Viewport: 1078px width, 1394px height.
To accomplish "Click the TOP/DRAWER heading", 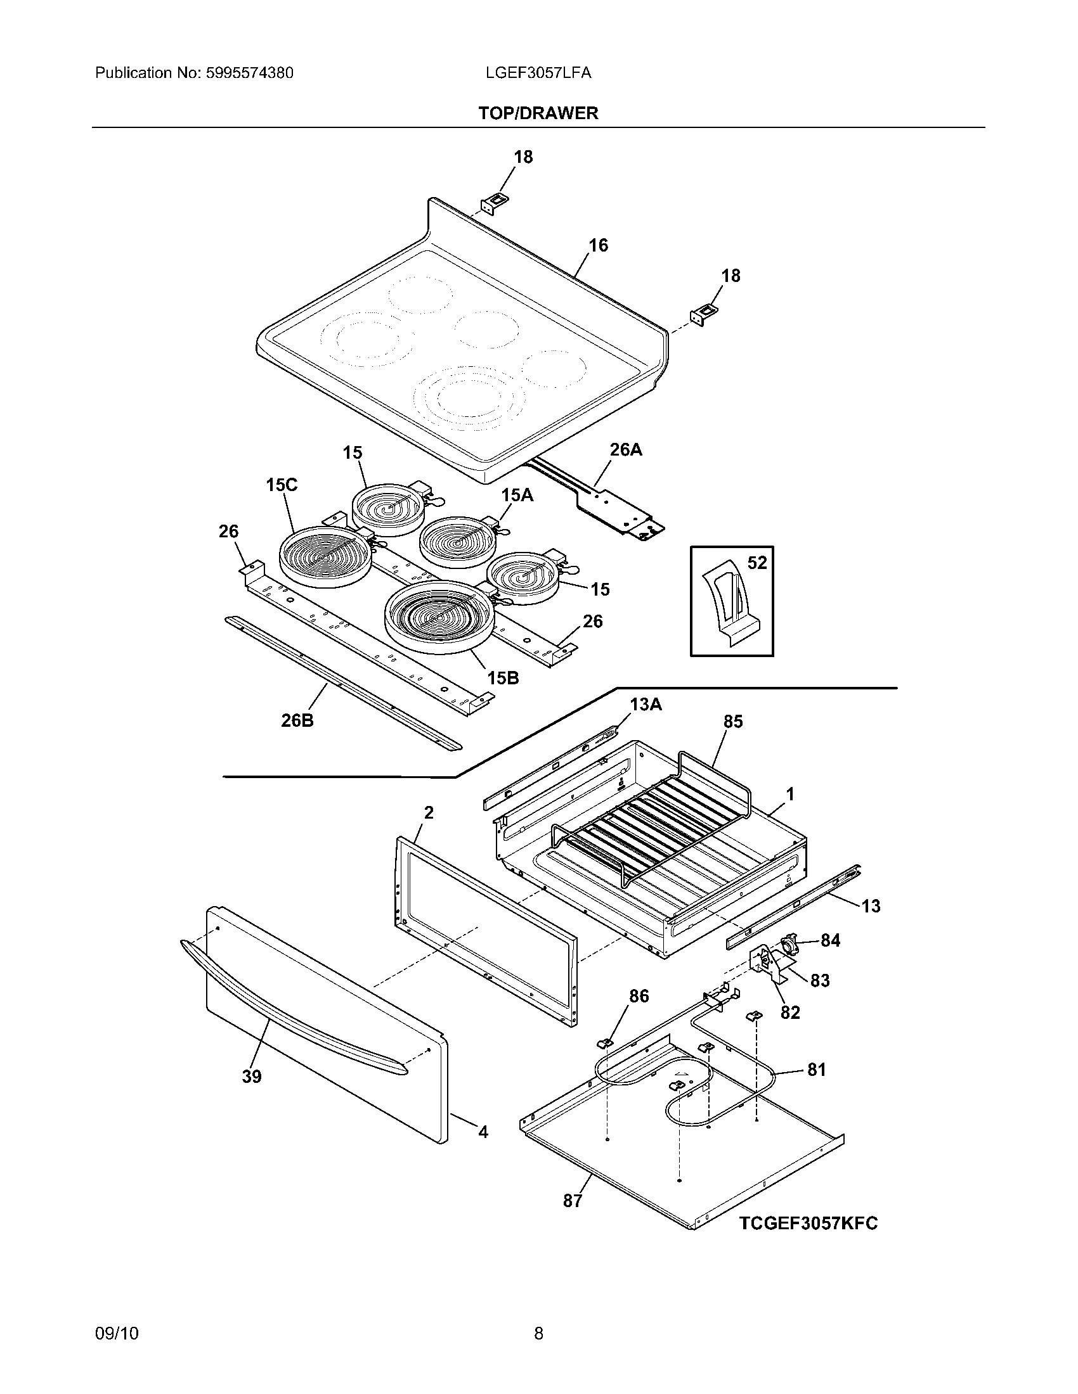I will click(x=538, y=113).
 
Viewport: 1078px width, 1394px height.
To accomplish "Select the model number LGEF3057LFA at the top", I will click(x=538, y=74).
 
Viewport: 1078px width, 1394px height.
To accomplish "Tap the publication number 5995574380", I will click(x=250, y=74).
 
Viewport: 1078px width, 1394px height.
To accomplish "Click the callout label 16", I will click(x=598, y=245).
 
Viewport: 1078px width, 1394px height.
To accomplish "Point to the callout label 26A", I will click(x=626, y=450).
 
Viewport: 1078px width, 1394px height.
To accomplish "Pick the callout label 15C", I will click(x=282, y=485).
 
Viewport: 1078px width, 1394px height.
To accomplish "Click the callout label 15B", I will click(x=503, y=679).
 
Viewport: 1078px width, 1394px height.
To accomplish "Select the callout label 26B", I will click(x=297, y=720).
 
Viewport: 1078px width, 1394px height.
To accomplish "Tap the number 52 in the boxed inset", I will click(x=757, y=563).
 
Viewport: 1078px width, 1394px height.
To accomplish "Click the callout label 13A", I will click(x=646, y=705).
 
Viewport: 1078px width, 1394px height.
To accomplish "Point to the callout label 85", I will click(x=733, y=722).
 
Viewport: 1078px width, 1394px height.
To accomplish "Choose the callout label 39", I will click(x=252, y=1077).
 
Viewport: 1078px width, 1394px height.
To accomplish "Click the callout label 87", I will click(x=572, y=1201).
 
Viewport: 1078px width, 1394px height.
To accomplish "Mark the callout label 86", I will click(x=639, y=996).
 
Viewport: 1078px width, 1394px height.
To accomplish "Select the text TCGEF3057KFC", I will click(x=808, y=1224).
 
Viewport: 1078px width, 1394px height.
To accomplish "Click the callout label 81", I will click(x=817, y=1070).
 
